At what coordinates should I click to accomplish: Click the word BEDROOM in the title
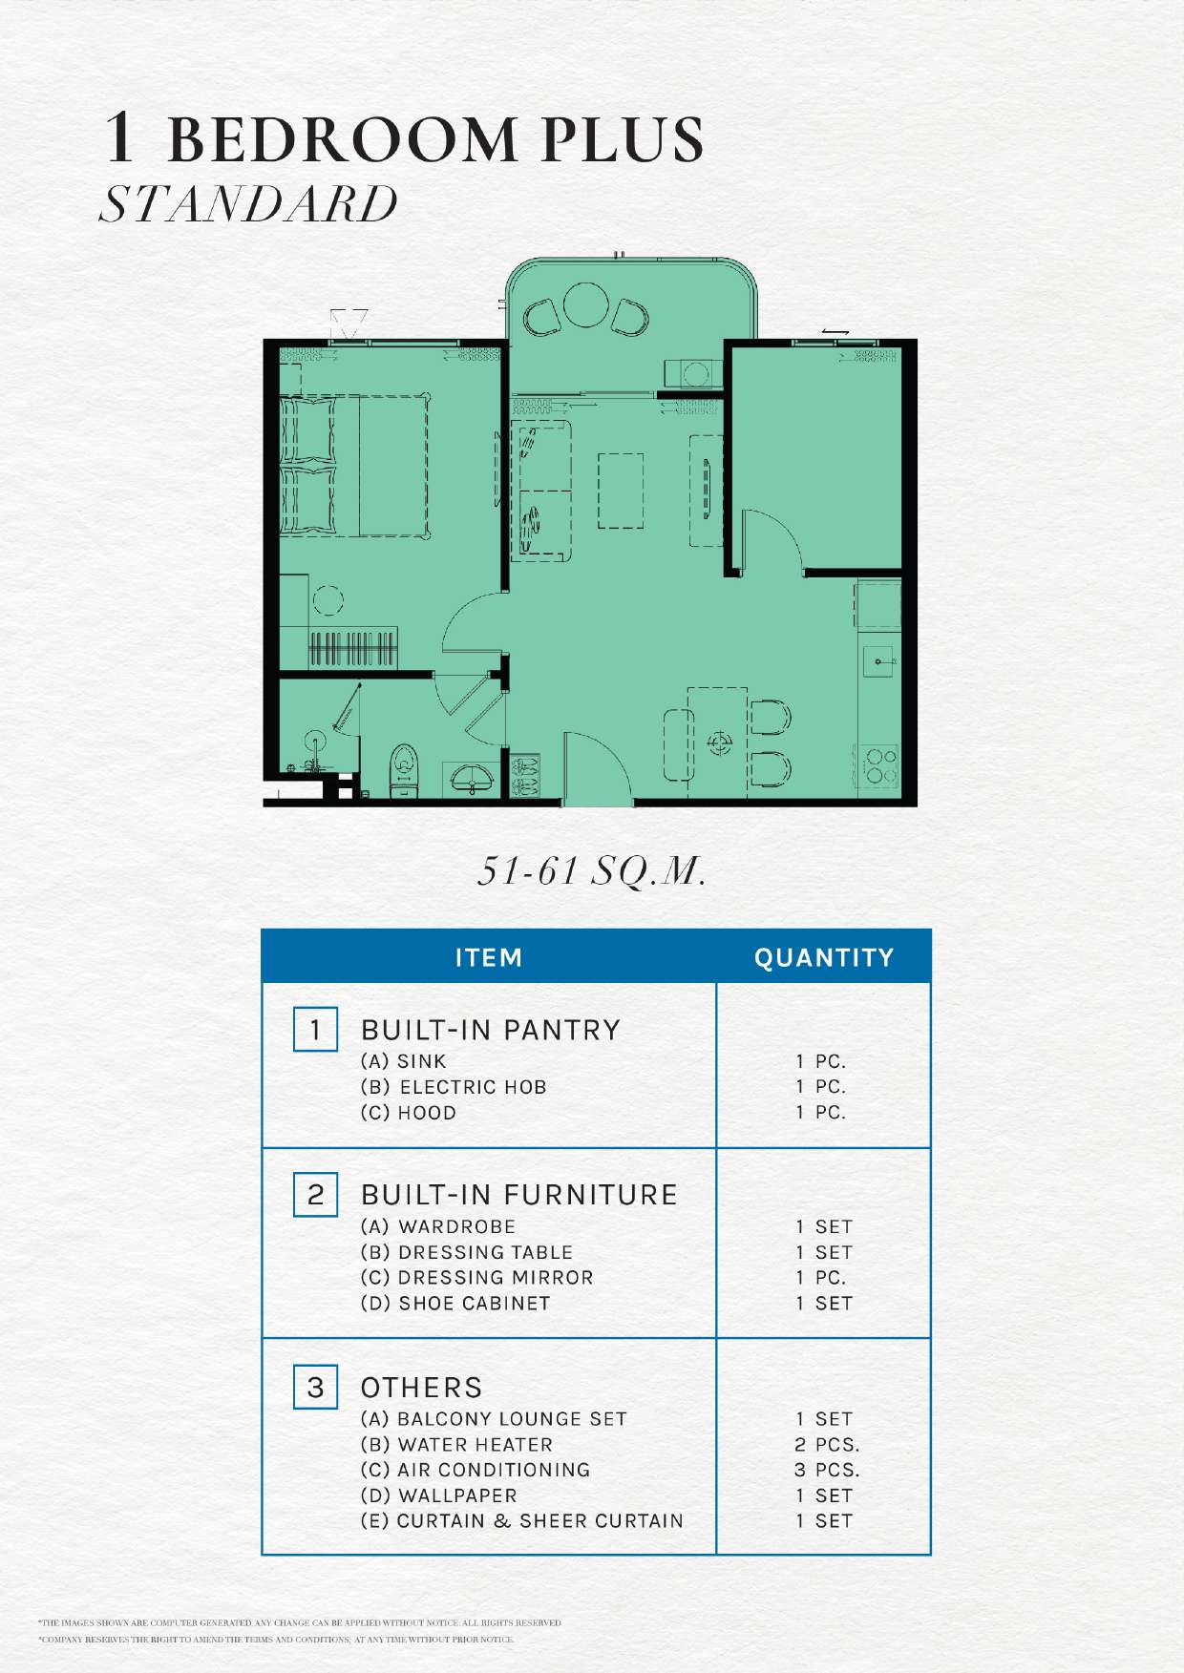[x=342, y=138]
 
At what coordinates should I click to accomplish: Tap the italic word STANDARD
[x=248, y=204]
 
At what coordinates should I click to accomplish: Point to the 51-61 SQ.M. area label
[x=592, y=869]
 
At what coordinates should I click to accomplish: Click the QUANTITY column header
[x=824, y=957]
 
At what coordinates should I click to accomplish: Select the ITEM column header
[x=489, y=957]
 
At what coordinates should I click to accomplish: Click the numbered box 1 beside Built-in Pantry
[x=315, y=1029]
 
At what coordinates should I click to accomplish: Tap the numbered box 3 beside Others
[x=315, y=1387]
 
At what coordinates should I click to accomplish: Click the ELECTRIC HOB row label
[x=454, y=1087]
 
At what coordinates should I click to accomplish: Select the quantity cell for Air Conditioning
[x=827, y=1470]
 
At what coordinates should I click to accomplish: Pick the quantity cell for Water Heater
[x=827, y=1445]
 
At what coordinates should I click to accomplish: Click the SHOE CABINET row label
[x=455, y=1303]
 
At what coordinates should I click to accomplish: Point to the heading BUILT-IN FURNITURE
[x=518, y=1195]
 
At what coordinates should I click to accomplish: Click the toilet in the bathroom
[x=405, y=770]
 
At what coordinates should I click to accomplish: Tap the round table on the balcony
[x=586, y=304]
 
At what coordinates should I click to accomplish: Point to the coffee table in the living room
[x=621, y=491]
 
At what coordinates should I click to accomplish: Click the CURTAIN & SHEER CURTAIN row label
[x=521, y=1521]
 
